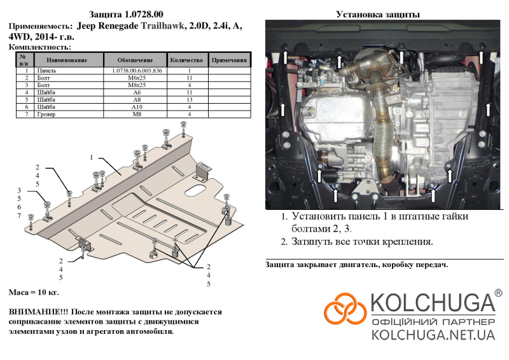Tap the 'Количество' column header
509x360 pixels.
(x=190, y=60)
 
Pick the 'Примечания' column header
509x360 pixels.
(x=229, y=60)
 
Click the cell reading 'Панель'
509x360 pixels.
(x=47, y=71)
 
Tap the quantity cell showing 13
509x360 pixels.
(x=190, y=99)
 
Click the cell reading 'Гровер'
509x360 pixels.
(x=47, y=114)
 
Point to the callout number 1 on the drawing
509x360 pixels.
(x=92, y=157)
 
